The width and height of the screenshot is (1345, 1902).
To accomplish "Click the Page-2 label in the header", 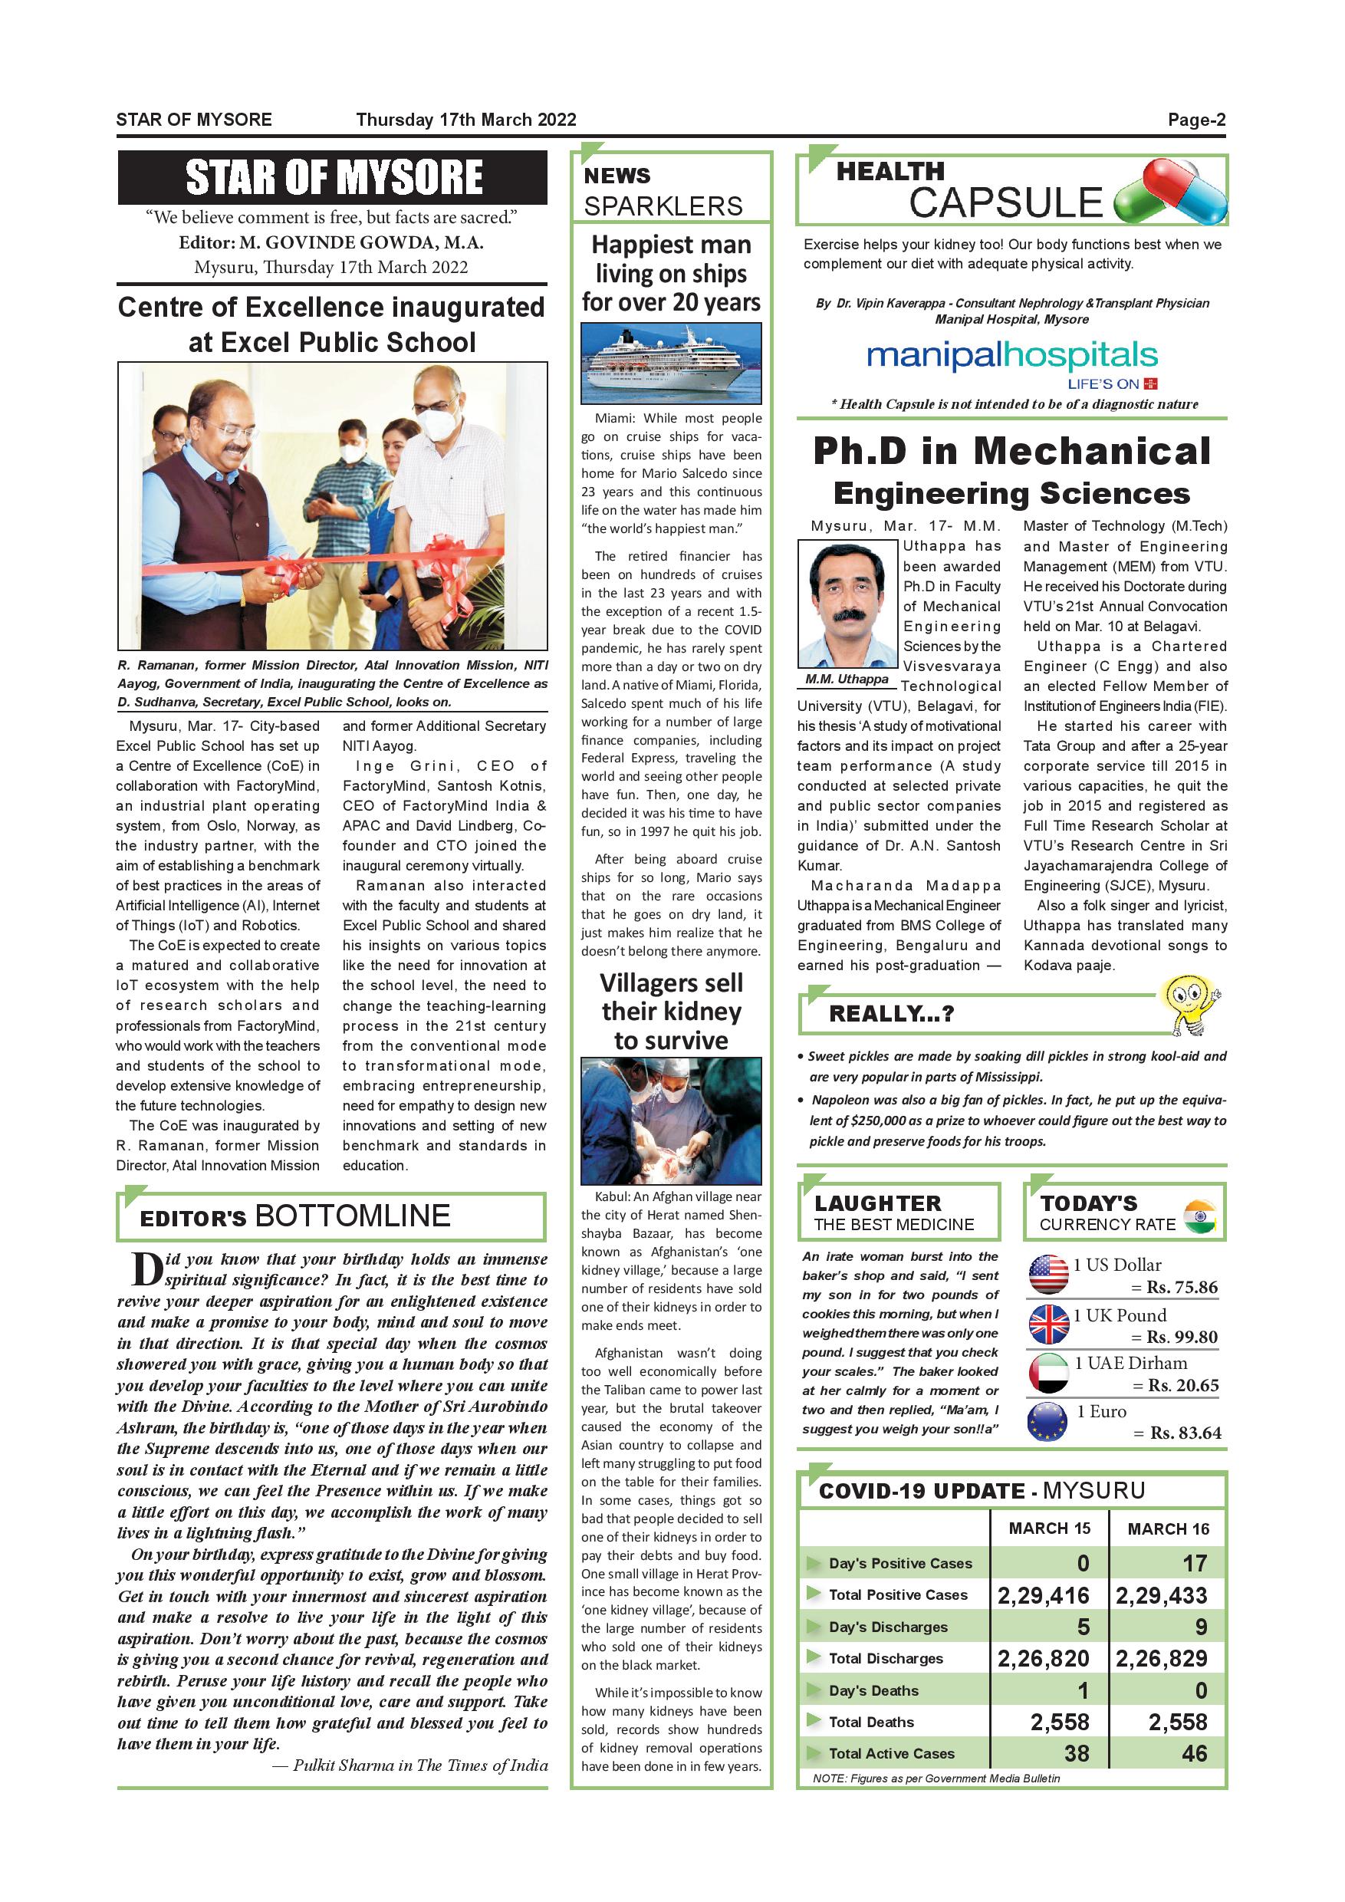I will [1196, 120].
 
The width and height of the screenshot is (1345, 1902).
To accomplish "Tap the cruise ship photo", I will [671, 363].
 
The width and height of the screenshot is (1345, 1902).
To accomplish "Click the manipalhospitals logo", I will [1011, 358].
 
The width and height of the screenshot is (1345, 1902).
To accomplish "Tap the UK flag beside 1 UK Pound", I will [1048, 1324].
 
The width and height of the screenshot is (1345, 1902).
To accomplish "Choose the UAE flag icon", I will [1047, 1372].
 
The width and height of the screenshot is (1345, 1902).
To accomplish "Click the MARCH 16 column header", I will [1168, 1529].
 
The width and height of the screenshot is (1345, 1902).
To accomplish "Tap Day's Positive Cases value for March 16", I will [1194, 1563].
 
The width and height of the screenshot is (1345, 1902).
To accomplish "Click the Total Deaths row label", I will [871, 1722].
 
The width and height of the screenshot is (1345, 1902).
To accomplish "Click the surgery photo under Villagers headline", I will [671, 1120].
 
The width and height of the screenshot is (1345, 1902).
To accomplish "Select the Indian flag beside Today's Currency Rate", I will [1199, 1216].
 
